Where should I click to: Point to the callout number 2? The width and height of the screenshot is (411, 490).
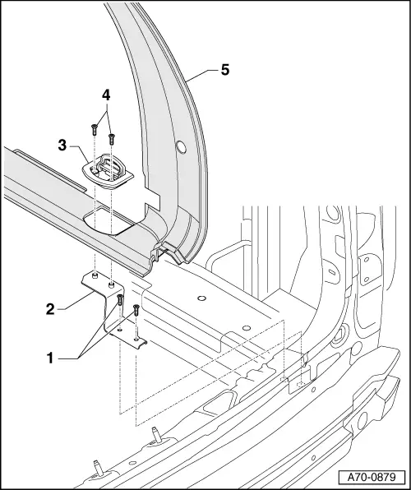pyautogui.click(x=51, y=309)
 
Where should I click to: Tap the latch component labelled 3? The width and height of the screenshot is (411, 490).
pyautogui.click(x=107, y=169)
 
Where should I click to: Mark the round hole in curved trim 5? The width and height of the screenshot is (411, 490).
pyautogui.click(x=181, y=148)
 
